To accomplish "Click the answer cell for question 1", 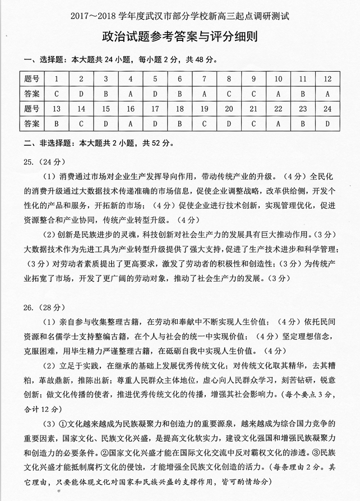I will click(56, 93).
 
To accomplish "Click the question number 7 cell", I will click(204, 79).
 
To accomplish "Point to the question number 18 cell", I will click(179, 108).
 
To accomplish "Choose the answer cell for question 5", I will click(155, 93).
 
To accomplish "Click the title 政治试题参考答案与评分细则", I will click(179, 38).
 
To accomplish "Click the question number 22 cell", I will click(279, 108).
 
